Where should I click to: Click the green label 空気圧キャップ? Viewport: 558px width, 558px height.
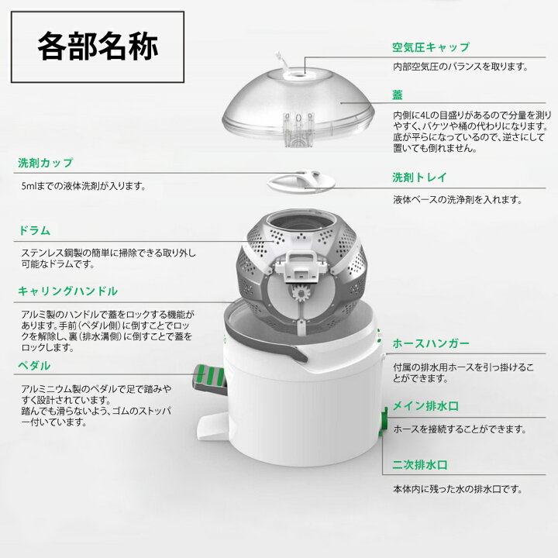[430, 47]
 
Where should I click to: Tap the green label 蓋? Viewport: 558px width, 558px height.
[398, 95]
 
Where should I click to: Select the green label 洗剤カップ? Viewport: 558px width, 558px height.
[46, 164]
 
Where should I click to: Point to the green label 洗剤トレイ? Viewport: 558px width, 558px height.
[419, 177]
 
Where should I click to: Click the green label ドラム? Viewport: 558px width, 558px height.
[34, 230]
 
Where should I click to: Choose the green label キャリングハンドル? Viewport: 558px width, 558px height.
[68, 291]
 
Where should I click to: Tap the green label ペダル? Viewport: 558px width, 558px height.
[34, 364]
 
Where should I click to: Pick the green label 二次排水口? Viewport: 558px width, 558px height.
[420, 467]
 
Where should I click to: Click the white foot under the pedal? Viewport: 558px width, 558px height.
[209, 423]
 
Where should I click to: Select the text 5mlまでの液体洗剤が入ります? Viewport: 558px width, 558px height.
[84, 187]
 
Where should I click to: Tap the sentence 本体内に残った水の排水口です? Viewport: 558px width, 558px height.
[456, 489]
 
